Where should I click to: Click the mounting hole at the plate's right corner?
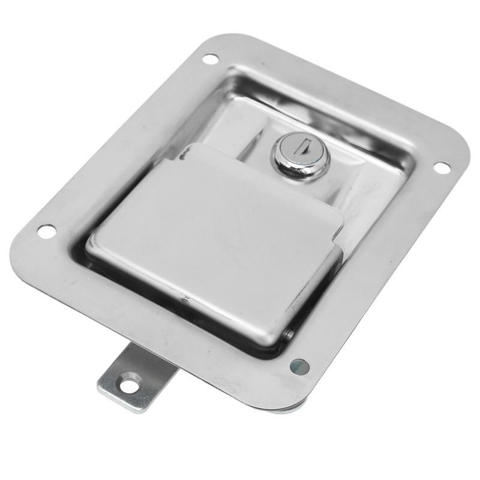click(x=441, y=167)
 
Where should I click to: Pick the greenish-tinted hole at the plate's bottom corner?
click(x=299, y=365)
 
